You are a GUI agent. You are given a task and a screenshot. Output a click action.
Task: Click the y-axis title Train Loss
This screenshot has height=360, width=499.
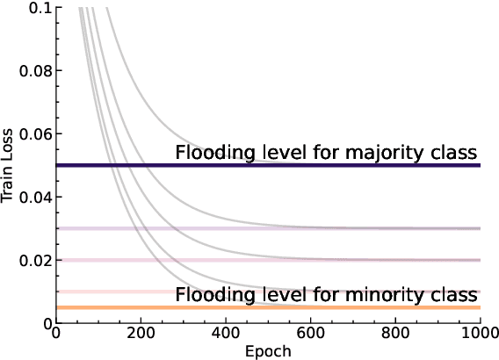point(8,165)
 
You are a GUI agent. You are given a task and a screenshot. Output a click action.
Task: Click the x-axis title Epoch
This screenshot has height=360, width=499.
point(270,351)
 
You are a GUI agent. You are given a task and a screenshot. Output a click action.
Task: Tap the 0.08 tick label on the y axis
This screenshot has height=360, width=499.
point(35,70)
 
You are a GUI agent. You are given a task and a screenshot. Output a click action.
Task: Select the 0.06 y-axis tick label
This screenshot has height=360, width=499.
point(35,133)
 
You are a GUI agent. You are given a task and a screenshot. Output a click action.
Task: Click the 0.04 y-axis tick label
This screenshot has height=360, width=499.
point(35,197)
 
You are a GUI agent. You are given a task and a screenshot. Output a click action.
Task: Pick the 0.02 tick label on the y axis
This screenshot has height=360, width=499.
point(35,260)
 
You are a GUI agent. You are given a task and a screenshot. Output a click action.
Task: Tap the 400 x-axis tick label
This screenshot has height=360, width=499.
point(227,335)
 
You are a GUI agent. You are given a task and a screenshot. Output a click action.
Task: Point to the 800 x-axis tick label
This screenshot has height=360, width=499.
point(396,335)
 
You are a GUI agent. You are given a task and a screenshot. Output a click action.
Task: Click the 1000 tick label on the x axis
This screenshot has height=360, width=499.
point(479,335)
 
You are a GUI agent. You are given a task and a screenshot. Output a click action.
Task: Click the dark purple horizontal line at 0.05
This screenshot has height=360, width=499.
point(105,165)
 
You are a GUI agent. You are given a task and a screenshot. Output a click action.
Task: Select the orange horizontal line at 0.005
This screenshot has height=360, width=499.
point(105,307)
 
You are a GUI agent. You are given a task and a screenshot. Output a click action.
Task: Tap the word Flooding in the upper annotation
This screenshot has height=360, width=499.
point(211,153)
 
